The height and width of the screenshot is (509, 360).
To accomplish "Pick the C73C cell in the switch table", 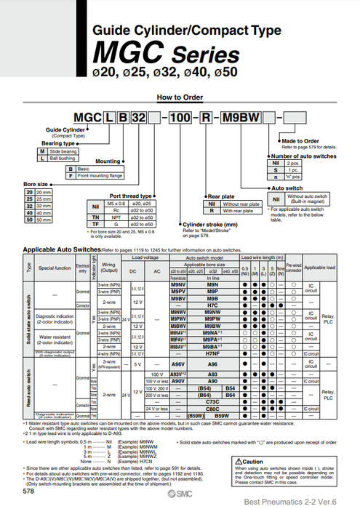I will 212,401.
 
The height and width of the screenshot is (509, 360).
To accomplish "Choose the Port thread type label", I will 131,196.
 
